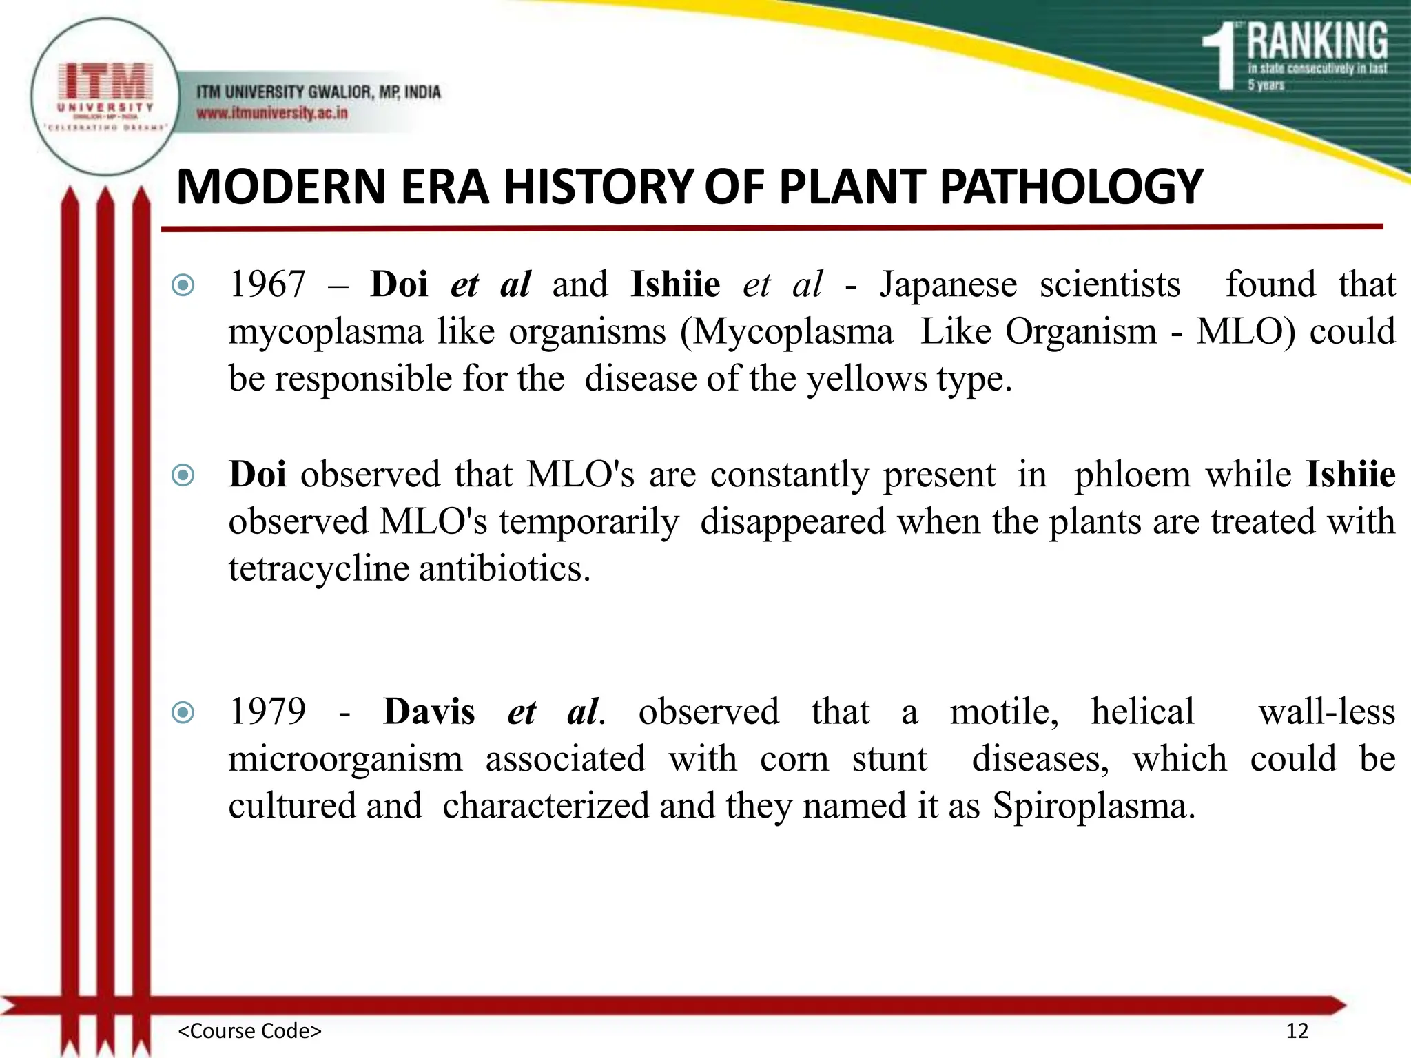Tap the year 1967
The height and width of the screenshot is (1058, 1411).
pos(267,284)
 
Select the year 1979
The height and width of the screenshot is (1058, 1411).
pos(267,712)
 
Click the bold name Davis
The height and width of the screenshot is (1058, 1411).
pos(429,712)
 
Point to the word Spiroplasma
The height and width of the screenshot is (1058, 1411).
pos(1093,806)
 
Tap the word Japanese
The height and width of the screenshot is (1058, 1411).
pos(947,284)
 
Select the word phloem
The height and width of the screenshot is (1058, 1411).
pos(1132,475)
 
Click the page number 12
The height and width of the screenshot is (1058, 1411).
pos(1297,1031)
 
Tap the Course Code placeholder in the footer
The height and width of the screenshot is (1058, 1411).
pos(249,1031)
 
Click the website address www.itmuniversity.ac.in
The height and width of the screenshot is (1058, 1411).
pos(272,113)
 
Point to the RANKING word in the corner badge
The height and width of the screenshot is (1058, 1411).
pos(1317,41)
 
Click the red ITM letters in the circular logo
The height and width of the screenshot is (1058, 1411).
pos(105,81)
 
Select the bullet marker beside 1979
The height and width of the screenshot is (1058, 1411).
pos(183,712)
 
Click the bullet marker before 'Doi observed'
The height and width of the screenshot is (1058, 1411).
pos(183,475)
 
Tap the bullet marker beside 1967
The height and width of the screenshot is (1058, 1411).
pos(183,285)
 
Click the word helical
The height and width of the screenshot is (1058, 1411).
pos(1142,712)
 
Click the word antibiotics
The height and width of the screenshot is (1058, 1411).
pos(504,569)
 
